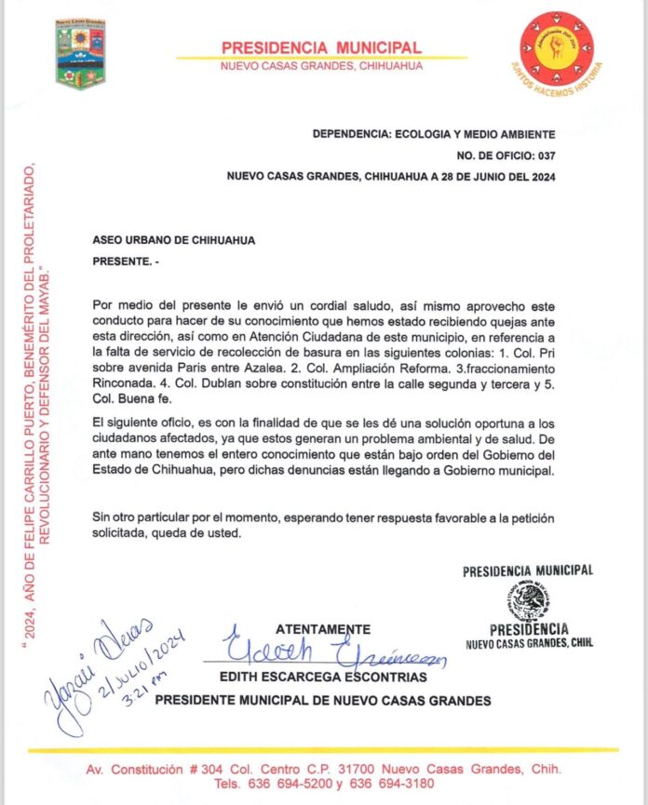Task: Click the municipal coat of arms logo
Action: pos(81,55)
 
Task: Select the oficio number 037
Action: pos(544,155)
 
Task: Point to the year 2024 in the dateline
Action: pos(537,176)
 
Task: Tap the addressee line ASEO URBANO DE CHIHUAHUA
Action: pos(174,240)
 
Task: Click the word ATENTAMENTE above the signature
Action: pos(323,629)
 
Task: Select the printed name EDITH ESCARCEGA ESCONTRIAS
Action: pos(323,677)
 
